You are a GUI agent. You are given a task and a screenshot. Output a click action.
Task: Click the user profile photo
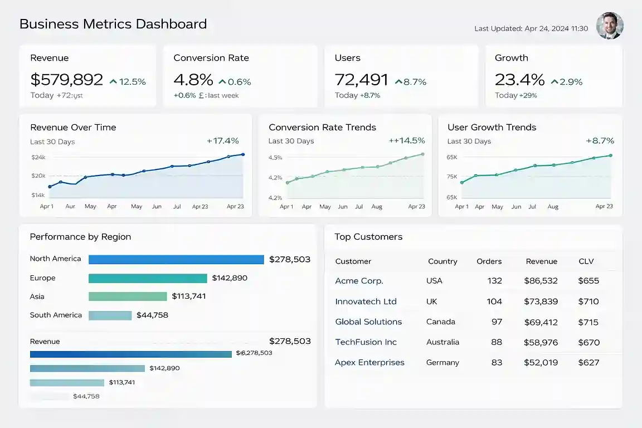click(610, 26)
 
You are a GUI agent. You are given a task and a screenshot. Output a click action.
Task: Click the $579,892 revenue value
click(67, 80)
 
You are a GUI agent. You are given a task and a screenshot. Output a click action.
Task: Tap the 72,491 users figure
click(361, 80)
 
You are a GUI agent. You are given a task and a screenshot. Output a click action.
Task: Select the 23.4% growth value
click(519, 80)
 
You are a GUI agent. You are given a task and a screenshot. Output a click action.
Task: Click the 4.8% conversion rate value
click(193, 80)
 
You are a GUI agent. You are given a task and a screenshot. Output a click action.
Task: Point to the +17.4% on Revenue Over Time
click(223, 141)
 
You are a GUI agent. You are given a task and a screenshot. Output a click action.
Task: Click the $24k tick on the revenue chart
click(38, 158)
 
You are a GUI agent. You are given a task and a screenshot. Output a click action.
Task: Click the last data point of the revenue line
click(243, 154)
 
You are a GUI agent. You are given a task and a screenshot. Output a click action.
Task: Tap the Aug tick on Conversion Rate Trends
click(377, 207)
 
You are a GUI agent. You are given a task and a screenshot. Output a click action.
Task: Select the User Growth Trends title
click(492, 127)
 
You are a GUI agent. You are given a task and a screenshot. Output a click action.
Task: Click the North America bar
click(176, 260)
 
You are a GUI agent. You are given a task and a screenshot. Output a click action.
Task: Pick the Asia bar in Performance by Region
click(128, 296)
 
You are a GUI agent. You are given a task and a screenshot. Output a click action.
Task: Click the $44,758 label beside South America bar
click(152, 315)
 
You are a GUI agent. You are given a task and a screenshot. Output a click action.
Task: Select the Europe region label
click(43, 278)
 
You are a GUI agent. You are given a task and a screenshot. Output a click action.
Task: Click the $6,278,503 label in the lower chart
click(254, 353)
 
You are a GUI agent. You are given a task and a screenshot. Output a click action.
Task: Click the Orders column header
click(489, 261)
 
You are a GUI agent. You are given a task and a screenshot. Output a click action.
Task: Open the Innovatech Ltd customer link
click(366, 301)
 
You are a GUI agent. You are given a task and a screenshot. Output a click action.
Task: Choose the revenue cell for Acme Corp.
click(541, 281)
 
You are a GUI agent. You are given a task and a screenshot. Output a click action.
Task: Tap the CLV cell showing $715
click(588, 322)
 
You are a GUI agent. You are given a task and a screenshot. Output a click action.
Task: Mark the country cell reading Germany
click(442, 363)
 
